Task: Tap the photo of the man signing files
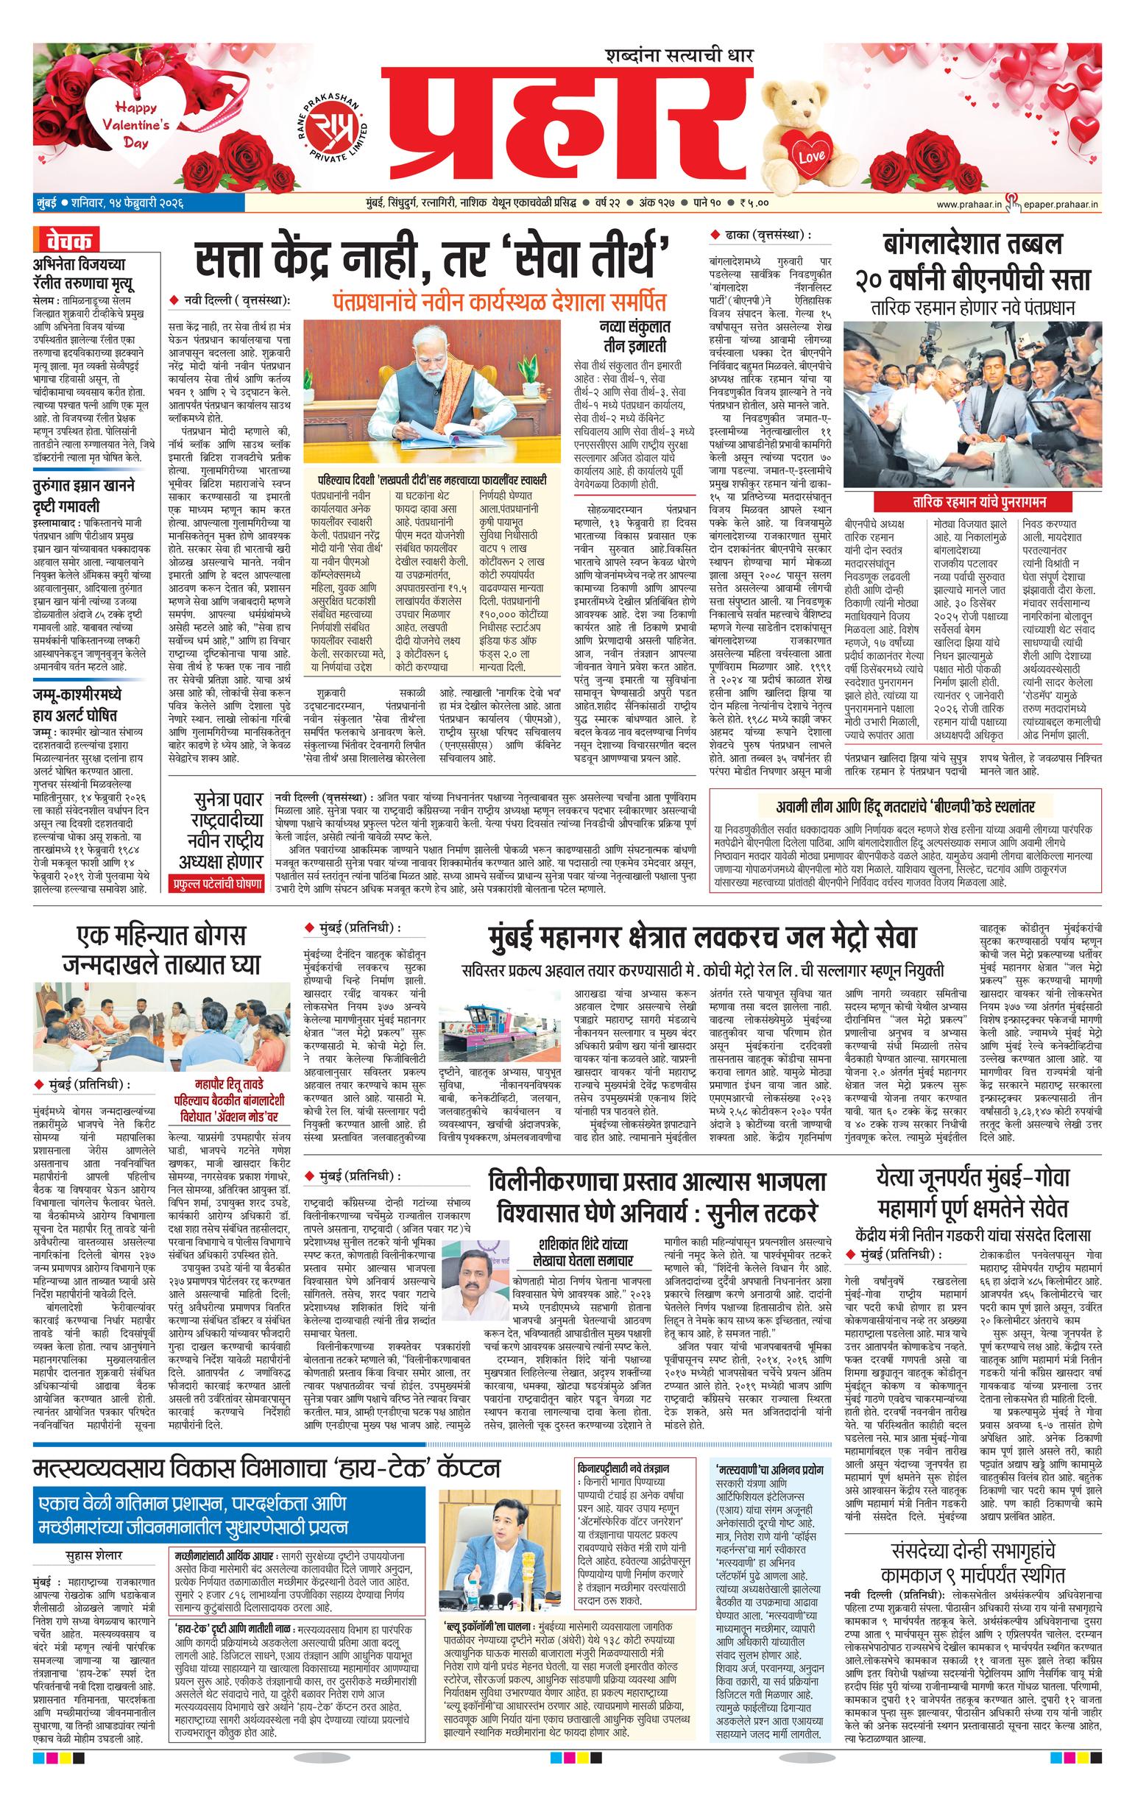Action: point(432,391)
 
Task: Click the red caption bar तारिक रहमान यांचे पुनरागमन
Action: point(973,501)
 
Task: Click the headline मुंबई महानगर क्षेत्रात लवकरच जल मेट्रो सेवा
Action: point(703,938)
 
